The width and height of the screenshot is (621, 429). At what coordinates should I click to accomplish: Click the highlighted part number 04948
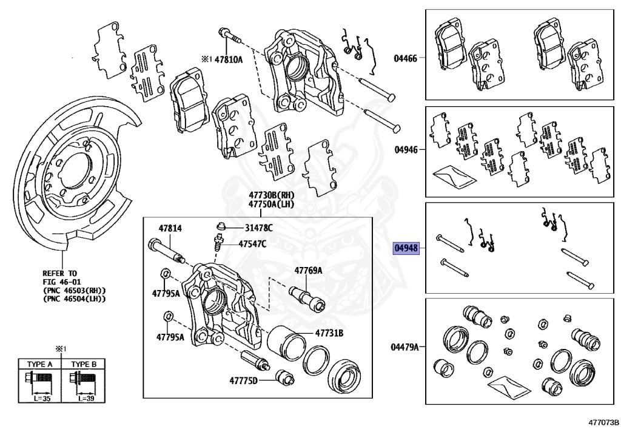pos(406,248)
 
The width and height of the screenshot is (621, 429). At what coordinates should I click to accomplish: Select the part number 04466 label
pos(405,58)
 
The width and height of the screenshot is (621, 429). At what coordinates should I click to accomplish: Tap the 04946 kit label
pos(405,149)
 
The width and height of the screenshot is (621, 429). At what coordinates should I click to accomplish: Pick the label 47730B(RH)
pos(270,195)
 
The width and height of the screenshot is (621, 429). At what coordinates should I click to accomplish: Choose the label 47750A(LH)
pos(270,204)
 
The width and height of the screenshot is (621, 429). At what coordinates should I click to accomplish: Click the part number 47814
pos(170,228)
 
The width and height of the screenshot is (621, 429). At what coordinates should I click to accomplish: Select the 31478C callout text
pos(259,228)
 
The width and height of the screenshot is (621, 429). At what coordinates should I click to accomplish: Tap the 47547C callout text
pos(259,244)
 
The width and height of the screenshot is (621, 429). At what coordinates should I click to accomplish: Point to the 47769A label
pos(308,270)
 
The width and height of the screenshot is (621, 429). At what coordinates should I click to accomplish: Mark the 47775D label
pos(243,381)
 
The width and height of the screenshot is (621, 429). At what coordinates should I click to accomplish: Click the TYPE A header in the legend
pos(40,364)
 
